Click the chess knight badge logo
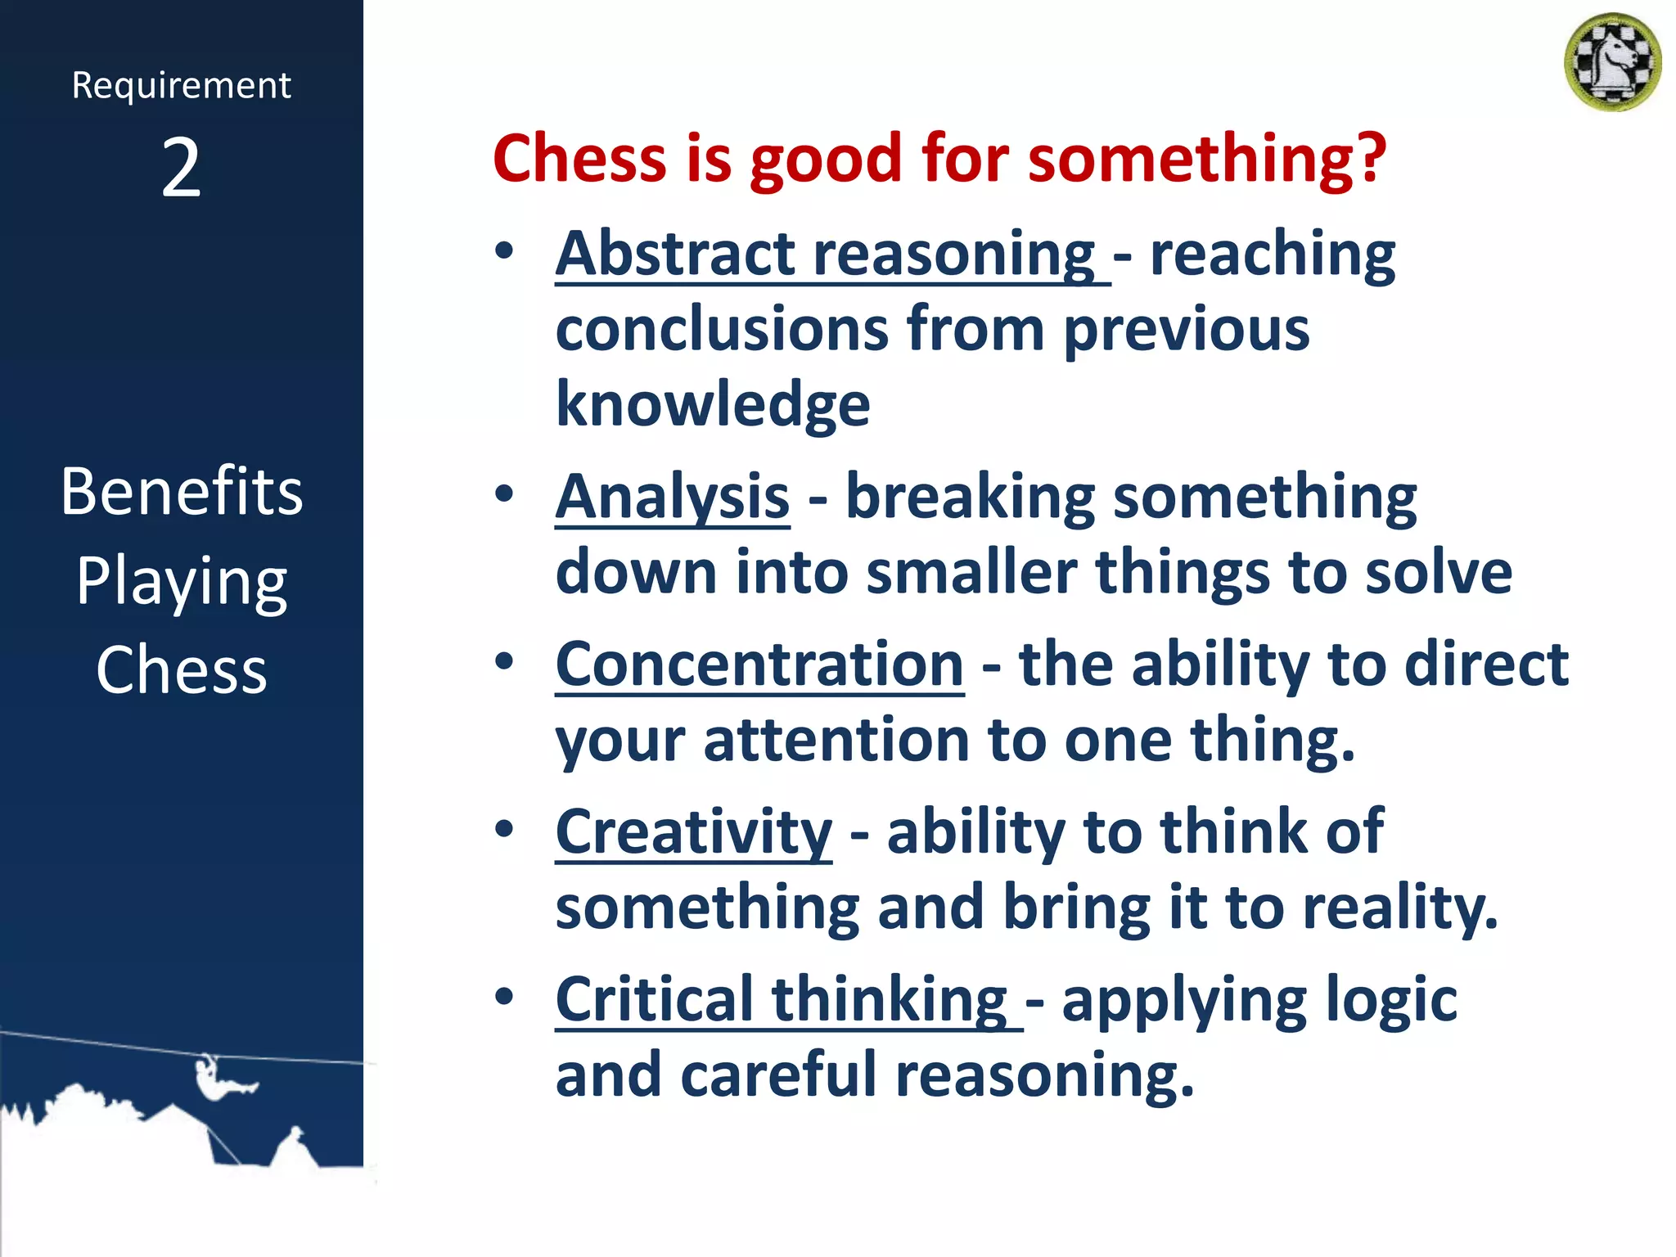pos(1612,62)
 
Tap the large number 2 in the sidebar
pos(181,168)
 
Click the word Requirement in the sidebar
pos(181,85)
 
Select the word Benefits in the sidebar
pos(182,491)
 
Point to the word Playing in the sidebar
pos(182,582)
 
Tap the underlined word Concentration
pos(759,664)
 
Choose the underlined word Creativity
pos(694,831)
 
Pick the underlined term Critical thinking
pos(782,999)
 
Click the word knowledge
pos(713,404)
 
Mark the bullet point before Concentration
pos(504,661)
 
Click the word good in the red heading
pos(827,160)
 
